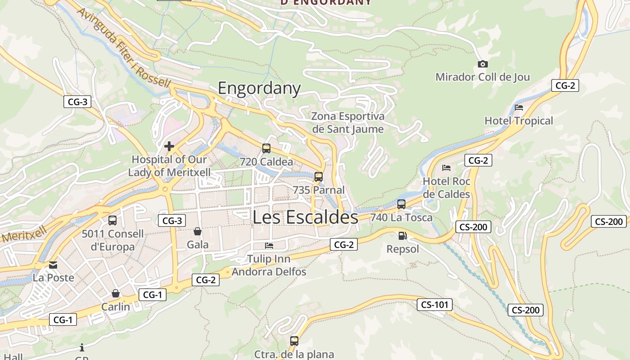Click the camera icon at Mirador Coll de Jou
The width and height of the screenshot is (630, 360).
pos(482,64)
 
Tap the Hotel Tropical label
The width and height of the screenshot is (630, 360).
pos(518,121)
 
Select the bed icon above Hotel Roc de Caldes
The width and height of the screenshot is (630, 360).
pos(446,168)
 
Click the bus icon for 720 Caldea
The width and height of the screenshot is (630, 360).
pos(266,148)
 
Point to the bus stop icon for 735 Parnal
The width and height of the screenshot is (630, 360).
pos(319,176)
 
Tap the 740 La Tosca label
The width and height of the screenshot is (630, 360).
pos(401,218)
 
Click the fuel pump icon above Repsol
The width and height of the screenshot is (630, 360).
pos(402,236)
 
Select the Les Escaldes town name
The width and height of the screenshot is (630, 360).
pos(305,217)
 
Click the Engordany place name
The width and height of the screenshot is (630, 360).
pos(259,88)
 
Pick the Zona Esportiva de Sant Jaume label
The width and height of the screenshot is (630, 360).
pos(348,123)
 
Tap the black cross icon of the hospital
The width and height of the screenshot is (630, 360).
pos(169,146)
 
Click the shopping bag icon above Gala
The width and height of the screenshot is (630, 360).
pos(197,231)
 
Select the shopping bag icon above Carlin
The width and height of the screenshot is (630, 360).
pos(116,293)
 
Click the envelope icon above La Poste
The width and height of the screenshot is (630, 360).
pos(53,265)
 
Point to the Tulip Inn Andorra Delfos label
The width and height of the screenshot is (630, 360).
pos(269,265)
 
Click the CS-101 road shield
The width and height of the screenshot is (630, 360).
pos(435,305)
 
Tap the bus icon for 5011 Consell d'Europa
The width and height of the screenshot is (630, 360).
pos(112,220)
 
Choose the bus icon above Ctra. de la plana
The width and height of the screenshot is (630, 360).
pos(294,341)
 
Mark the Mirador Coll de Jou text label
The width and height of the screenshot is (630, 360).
pos(482,77)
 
